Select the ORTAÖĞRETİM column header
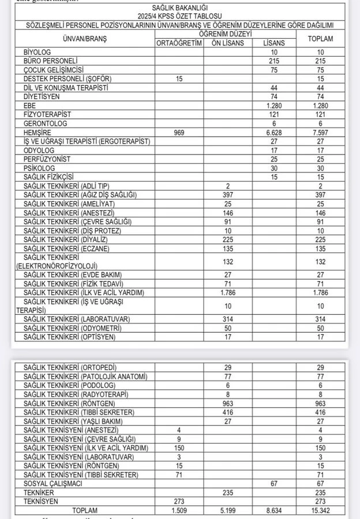[179, 43]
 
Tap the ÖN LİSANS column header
[228, 43]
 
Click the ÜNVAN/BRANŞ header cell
[85, 39]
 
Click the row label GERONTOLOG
[46, 123]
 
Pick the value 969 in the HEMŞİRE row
[179, 133]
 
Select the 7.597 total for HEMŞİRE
[321, 133]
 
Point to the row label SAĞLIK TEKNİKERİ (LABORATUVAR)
[76, 319]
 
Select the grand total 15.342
[321, 510]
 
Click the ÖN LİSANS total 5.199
[228, 510]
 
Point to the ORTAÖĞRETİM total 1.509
[179, 510]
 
